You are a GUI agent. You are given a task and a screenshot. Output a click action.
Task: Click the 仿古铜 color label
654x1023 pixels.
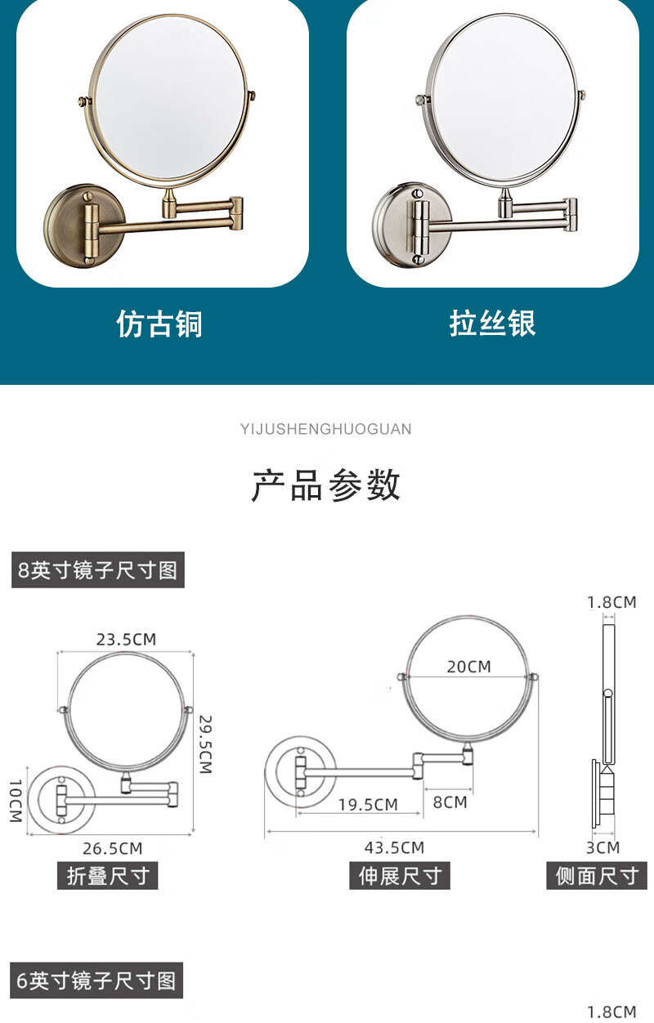[159, 324]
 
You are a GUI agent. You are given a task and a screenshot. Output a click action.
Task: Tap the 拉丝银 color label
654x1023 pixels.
[492, 324]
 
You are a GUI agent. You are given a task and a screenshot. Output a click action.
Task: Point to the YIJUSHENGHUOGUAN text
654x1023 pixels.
[326, 429]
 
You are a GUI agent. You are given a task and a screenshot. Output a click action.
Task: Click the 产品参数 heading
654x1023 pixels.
[326, 485]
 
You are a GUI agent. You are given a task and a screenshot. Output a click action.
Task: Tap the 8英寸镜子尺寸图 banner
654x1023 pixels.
[98, 570]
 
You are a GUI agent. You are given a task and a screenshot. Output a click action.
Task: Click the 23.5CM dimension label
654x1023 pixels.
[126, 639]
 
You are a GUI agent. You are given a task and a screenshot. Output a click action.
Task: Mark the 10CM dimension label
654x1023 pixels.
[16, 801]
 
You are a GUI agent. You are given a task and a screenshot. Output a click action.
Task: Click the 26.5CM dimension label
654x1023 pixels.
[113, 848]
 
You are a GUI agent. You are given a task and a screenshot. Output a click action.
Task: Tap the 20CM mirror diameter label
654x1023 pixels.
[469, 667]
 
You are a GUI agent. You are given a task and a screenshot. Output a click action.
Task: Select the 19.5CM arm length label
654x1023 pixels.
[368, 805]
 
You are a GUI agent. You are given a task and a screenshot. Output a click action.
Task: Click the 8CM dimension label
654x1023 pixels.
[450, 802]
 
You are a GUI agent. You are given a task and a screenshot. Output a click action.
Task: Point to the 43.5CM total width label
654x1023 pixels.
[394, 847]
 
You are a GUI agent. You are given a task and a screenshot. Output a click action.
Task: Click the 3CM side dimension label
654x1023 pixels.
[603, 847]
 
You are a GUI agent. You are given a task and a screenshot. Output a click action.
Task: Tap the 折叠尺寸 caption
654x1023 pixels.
[107, 875]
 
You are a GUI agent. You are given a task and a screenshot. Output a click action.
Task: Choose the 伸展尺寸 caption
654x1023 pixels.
[400, 875]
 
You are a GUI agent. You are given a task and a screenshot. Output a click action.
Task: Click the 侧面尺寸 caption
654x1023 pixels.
[597, 875]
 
